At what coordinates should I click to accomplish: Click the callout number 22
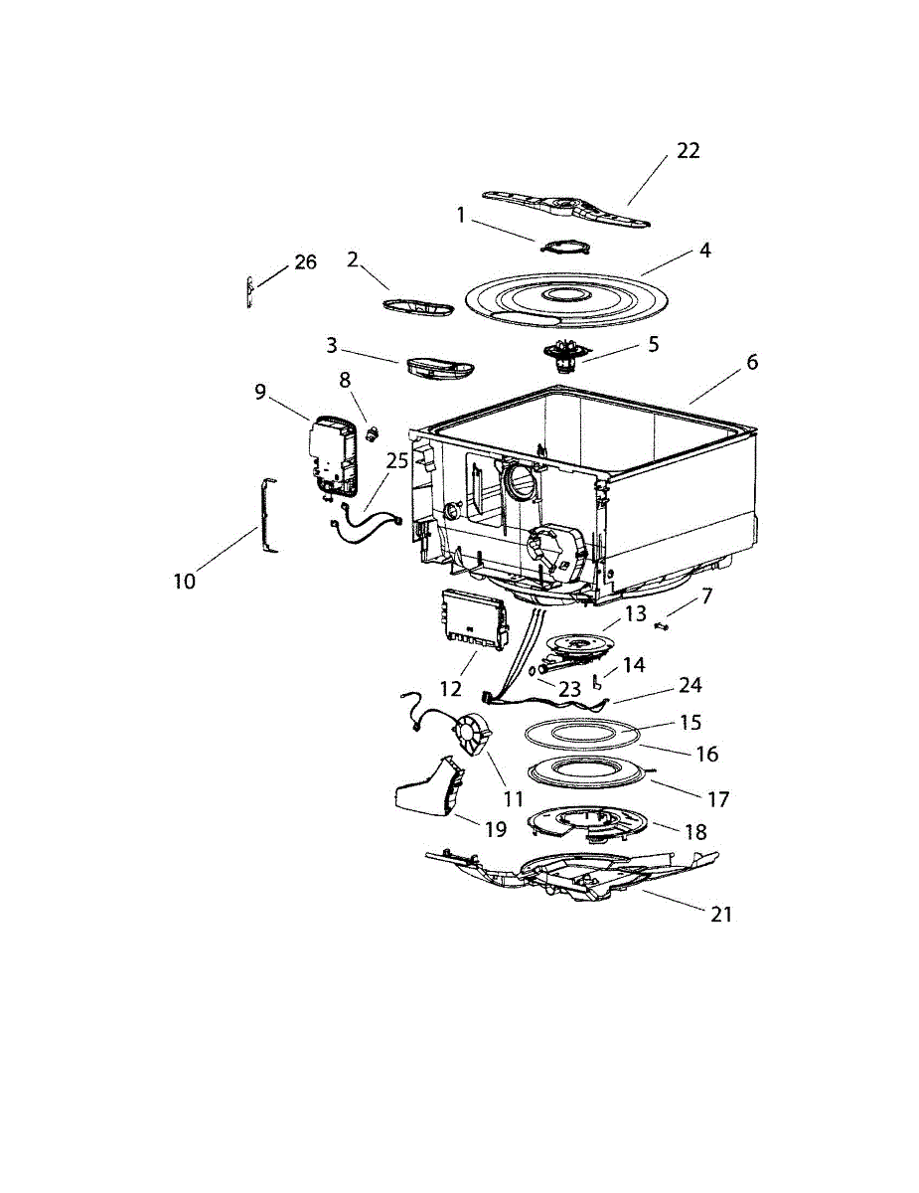[689, 150]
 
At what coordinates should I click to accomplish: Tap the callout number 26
[305, 262]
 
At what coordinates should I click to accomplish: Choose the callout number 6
[752, 362]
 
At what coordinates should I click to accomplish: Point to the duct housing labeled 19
[427, 791]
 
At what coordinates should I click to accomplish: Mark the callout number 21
[721, 914]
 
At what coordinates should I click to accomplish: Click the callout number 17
[718, 798]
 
